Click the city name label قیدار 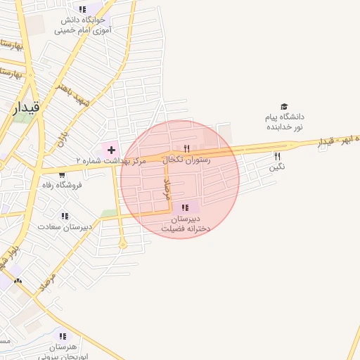[x=27, y=107]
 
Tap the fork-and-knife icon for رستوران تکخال [x=186, y=148]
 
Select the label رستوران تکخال [x=187, y=160]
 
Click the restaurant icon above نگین [x=277, y=157]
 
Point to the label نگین [x=277, y=168]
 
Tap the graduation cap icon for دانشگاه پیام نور [x=284, y=106]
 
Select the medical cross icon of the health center [x=111, y=150]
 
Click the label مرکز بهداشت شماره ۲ [x=111, y=161]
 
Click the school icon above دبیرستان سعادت [x=65, y=217]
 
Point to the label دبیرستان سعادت [x=65, y=227]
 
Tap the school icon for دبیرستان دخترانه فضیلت [x=185, y=207]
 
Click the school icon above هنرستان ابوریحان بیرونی [x=64, y=336]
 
